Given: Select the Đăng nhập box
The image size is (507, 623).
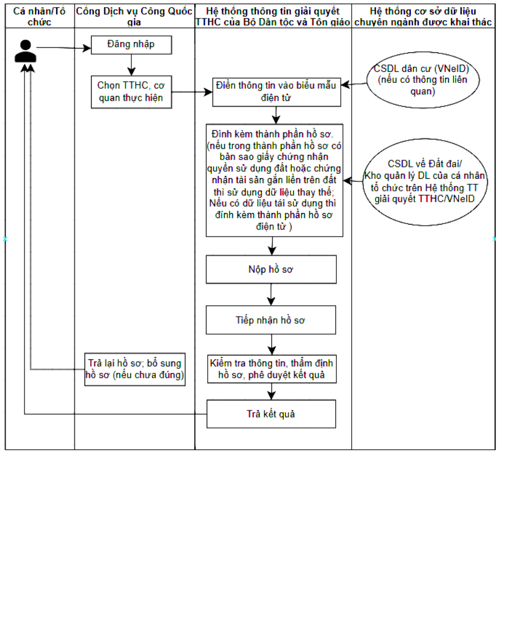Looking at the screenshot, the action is [x=131, y=45].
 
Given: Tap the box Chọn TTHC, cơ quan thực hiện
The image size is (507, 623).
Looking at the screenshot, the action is [x=131, y=92].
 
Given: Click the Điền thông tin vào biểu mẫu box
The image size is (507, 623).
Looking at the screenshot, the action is [x=276, y=92].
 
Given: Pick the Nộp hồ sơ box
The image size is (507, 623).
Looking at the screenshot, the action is [x=271, y=269].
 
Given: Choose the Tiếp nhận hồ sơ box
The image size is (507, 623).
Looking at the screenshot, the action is [x=270, y=320].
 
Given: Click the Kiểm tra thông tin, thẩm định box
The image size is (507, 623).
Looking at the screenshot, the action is [x=272, y=369].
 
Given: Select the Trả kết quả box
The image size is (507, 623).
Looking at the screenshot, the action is [x=271, y=414].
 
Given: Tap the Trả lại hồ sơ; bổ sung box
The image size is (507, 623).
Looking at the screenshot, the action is [x=135, y=369].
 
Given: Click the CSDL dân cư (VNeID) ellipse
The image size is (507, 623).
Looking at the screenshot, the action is [x=422, y=80].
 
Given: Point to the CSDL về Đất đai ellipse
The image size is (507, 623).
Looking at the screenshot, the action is [x=425, y=182].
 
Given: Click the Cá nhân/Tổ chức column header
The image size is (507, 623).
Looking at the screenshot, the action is [x=40, y=16].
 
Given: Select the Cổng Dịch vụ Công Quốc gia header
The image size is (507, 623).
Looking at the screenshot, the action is [x=134, y=16].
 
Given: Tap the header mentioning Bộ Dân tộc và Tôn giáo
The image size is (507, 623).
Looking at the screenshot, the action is [x=273, y=16].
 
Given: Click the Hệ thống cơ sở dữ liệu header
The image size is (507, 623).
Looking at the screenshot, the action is [x=423, y=16].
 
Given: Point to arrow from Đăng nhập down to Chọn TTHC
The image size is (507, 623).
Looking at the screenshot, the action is [x=131, y=65].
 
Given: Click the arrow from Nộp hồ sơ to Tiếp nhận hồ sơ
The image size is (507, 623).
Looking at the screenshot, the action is [x=271, y=294].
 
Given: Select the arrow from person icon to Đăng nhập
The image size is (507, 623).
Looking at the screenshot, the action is [x=64, y=48].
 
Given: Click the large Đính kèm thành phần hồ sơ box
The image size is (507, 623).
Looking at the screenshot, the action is [x=274, y=180].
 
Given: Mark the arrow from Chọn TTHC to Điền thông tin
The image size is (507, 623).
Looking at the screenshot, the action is [x=192, y=92].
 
